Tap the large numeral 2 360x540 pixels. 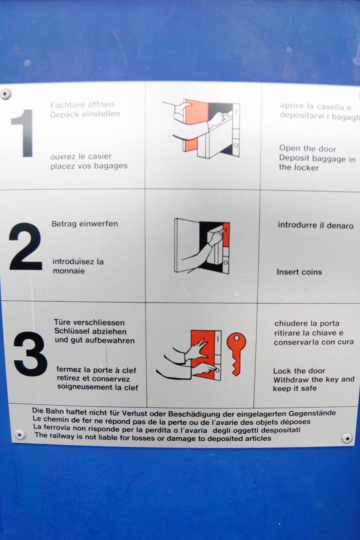point(26,246)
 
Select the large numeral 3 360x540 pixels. point(30,354)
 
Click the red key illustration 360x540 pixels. point(236,354)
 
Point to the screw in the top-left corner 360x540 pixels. point(5,94)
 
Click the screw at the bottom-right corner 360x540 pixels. point(347,438)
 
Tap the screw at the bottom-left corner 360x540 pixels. point(20,435)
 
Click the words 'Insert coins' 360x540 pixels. point(299,272)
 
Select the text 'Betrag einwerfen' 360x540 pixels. point(85,224)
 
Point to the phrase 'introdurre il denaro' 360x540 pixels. point(316,225)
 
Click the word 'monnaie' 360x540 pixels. point(69,271)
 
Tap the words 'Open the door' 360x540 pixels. point(308,148)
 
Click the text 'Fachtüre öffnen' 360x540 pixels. point(82,105)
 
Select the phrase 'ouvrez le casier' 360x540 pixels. point(81,156)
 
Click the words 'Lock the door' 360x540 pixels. point(299,371)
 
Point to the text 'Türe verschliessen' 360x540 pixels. point(89,322)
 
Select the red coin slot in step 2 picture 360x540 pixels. point(226,234)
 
